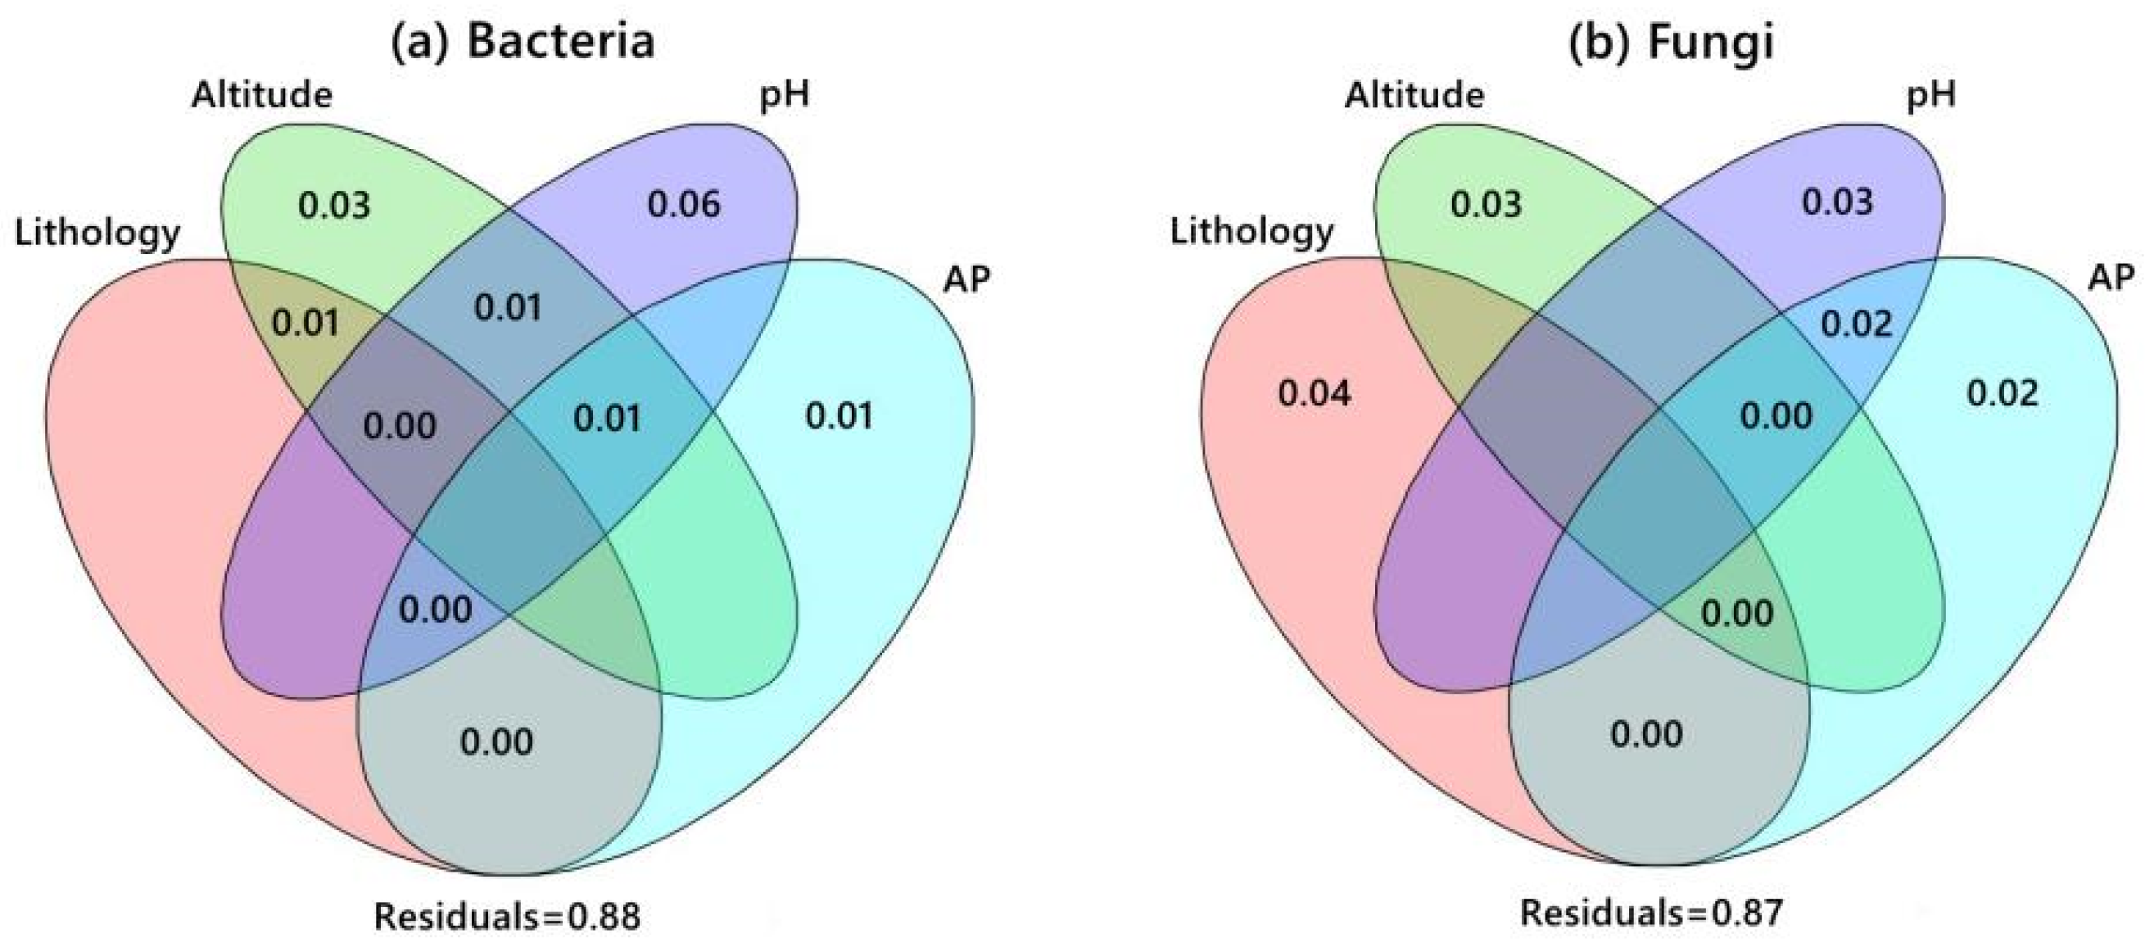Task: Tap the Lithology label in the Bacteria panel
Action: (x=97, y=233)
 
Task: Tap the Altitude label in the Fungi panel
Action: (x=1414, y=95)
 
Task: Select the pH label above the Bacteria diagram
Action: (x=784, y=95)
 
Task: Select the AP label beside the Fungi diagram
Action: (x=2111, y=277)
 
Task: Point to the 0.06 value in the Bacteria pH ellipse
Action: (x=684, y=205)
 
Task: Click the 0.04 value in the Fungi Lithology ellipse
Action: (x=1315, y=393)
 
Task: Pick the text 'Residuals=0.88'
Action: (x=507, y=916)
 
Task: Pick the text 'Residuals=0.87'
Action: (x=1651, y=913)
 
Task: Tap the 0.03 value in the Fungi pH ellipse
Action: (x=1837, y=202)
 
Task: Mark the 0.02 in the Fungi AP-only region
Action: (x=2002, y=393)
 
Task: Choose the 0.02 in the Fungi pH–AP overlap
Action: (x=1856, y=324)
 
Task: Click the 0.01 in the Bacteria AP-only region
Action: (x=839, y=415)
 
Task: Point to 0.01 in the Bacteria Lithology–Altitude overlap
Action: (x=305, y=323)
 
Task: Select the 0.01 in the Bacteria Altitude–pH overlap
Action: (x=508, y=308)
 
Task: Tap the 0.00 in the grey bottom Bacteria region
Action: (x=496, y=741)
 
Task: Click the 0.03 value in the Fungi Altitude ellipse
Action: (x=1486, y=205)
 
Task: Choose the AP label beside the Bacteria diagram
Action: (x=966, y=280)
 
